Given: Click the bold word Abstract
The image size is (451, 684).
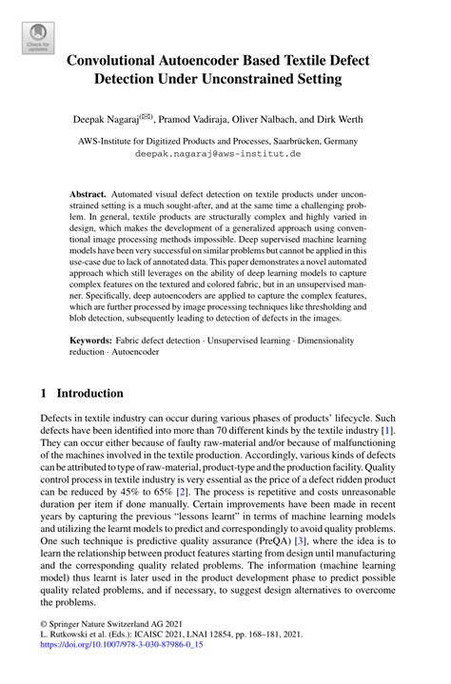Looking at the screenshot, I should click(x=88, y=193).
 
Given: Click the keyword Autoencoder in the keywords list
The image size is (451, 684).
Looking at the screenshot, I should click(x=137, y=351).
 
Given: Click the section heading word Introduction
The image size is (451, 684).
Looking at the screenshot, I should click(x=90, y=393).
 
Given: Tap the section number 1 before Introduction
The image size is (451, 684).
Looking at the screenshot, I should click(x=45, y=393).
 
